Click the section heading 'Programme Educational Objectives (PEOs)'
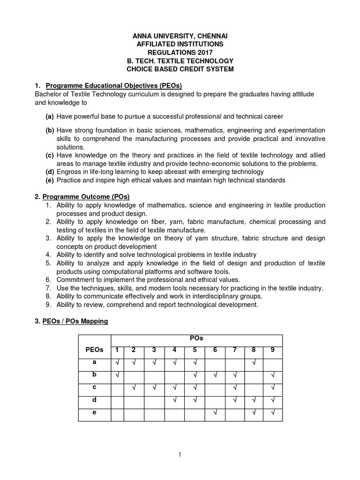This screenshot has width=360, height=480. click(113, 86)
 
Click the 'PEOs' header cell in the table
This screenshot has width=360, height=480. click(94, 350)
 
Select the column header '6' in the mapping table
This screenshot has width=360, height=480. click(214, 350)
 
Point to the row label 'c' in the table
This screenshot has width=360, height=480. click(94, 387)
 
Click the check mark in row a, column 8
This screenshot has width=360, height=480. click(253, 362)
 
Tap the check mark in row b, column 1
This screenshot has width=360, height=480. click(117, 375)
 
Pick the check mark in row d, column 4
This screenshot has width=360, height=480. click(174, 400)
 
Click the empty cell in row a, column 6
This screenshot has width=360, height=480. click(214, 362)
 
